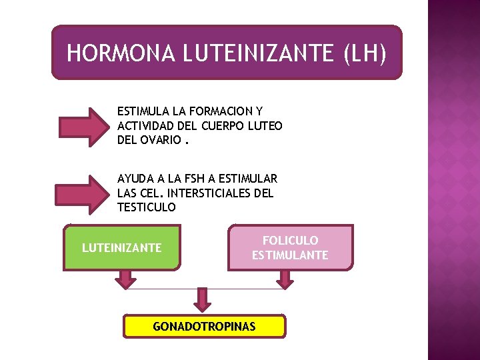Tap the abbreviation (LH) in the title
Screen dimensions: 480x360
365,53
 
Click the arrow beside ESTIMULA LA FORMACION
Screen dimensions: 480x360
84,125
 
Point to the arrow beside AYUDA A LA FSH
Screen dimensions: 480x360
84,193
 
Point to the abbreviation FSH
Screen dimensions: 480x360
197,179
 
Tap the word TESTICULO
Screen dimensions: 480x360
147,207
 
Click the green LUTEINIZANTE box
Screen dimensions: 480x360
121,248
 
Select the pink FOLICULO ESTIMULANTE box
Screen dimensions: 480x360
290,247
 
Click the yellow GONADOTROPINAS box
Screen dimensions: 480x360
204,327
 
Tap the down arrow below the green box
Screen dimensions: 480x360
123,279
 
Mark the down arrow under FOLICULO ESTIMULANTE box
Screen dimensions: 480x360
285,279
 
